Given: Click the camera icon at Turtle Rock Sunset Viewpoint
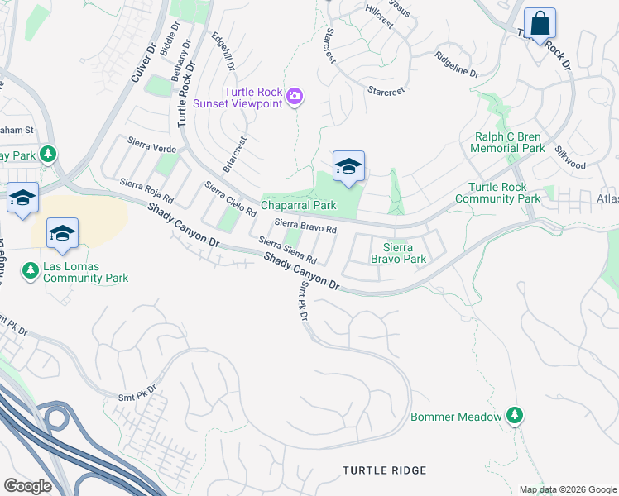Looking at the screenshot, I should point(294,98).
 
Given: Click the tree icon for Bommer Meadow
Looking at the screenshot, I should point(516,414).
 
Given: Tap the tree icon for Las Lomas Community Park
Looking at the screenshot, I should point(31,269).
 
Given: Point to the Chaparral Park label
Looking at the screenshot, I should point(299,204).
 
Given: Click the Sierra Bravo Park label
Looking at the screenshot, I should point(405,253).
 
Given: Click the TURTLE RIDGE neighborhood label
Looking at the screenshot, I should point(385,470).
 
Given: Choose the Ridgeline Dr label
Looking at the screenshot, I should point(457,65).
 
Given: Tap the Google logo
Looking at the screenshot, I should point(28,485).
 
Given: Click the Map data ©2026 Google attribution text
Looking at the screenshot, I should point(567,489).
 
